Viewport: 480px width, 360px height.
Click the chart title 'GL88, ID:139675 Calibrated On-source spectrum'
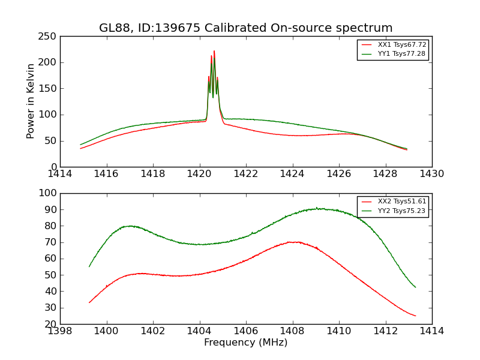tap(245, 28)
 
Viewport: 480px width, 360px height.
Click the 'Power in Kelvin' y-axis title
tap(31, 101)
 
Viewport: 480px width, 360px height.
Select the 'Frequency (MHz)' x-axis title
tap(245, 343)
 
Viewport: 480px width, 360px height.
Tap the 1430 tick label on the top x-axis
tap(431, 174)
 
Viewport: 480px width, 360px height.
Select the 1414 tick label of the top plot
tap(60, 174)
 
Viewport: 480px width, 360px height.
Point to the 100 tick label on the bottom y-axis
tap(48, 193)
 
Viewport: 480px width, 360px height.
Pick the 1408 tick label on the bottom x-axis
tap(292, 331)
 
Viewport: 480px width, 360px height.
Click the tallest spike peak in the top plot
tap(214, 51)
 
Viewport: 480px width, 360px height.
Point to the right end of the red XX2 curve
tap(416, 316)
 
